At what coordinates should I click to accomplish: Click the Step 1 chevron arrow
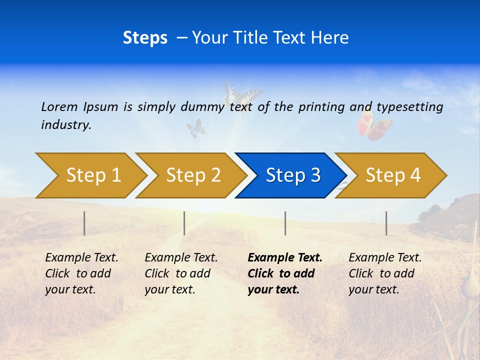(92, 175)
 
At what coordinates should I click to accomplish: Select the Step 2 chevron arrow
(192, 175)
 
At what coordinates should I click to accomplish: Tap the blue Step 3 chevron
(292, 175)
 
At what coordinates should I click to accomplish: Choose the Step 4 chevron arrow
(392, 175)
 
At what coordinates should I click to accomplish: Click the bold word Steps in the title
(145, 37)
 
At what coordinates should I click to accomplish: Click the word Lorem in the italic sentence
(59, 106)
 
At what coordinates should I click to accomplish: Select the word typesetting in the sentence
(409, 107)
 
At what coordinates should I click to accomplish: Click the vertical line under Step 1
(84, 223)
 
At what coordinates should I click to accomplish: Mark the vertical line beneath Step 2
(184, 223)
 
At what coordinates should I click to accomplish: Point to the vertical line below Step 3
(285, 223)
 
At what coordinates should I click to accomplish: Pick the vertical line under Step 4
(386, 223)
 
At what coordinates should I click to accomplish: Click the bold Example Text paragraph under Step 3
(284, 273)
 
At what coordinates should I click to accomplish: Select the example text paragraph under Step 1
(81, 273)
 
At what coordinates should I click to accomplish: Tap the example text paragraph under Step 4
(385, 273)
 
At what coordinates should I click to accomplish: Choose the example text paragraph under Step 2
(181, 273)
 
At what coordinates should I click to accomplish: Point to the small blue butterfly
(196, 128)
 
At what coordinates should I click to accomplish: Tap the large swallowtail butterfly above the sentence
(242, 95)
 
